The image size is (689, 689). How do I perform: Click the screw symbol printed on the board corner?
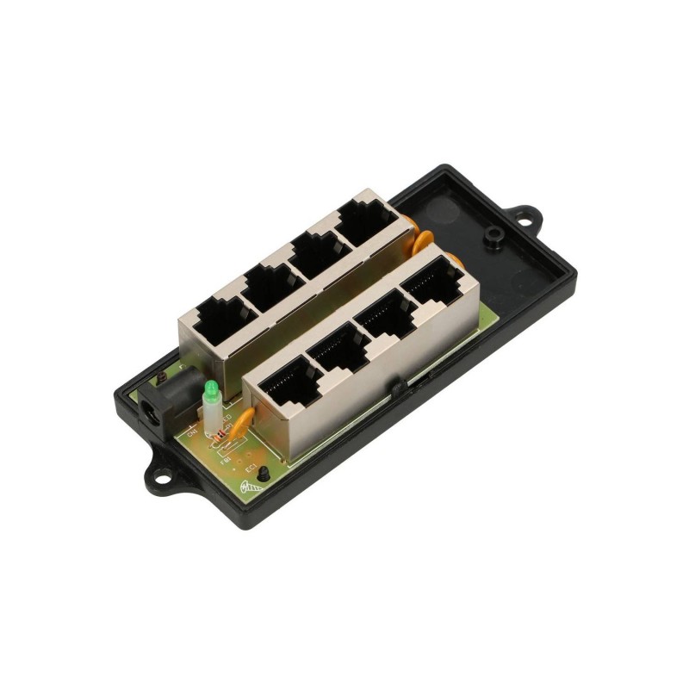[x=247, y=489]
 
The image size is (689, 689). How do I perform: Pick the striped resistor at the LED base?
[x=221, y=437]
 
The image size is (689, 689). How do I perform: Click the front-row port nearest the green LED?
[x=290, y=386]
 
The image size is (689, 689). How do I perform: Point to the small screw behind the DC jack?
[x=160, y=376]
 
